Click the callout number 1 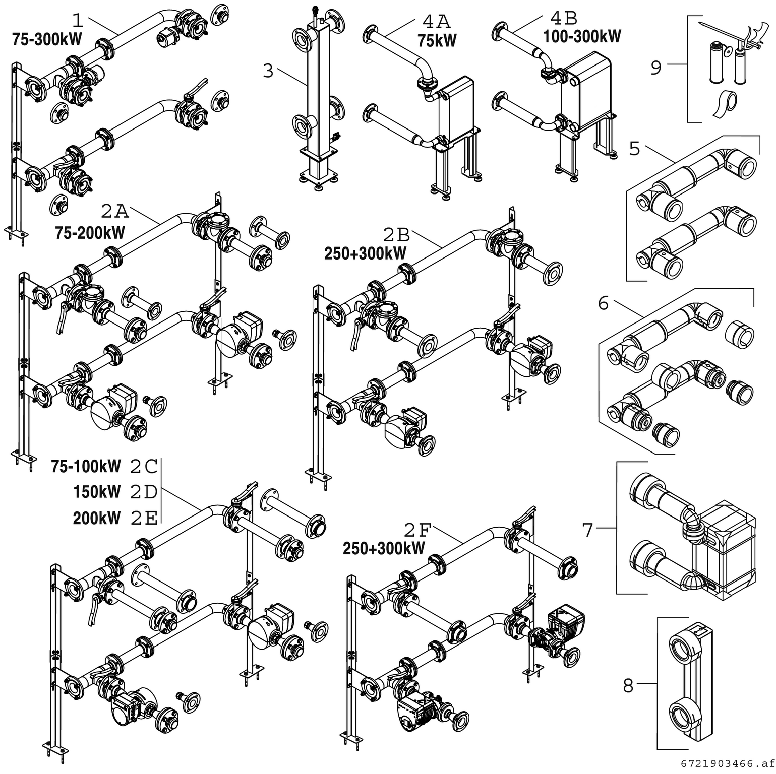pyautogui.click(x=78, y=20)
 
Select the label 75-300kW pyautogui.click(x=46, y=40)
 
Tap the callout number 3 pyautogui.click(x=268, y=71)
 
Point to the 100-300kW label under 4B pyautogui.click(x=582, y=36)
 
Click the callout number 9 pyautogui.click(x=655, y=68)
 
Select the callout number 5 pyautogui.click(x=635, y=149)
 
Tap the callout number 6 pyautogui.click(x=604, y=303)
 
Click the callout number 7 pyautogui.click(x=588, y=530)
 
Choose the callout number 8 pyautogui.click(x=628, y=685)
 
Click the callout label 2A pyautogui.click(x=115, y=211)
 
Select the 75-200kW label pyautogui.click(x=90, y=233)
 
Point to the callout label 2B pyautogui.click(x=397, y=235)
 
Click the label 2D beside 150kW pyautogui.click(x=144, y=492)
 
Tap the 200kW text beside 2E pyautogui.click(x=96, y=518)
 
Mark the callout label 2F pyautogui.click(x=418, y=530)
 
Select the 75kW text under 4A pyautogui.click(x=437, y=40)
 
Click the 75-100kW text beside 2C pyautogui.click(x=86, y=467)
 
